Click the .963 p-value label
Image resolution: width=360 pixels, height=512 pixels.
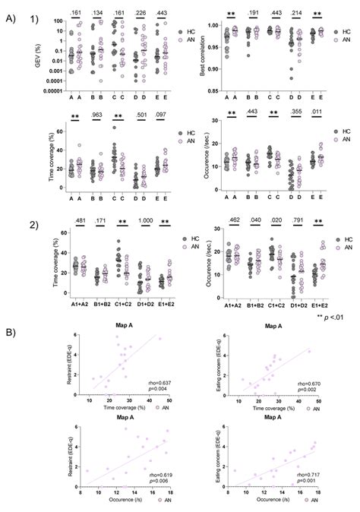96,116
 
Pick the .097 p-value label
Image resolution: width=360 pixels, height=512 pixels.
163,116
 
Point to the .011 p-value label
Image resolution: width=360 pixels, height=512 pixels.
315,116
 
